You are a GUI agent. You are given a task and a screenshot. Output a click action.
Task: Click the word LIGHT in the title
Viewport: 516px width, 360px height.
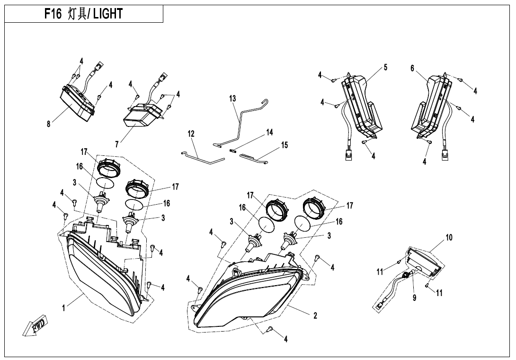click(107, 14)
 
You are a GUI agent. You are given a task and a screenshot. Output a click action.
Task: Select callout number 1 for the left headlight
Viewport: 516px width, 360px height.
click(63, 308)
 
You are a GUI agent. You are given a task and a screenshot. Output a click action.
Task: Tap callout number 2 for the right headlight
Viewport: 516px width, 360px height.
click(315, 316)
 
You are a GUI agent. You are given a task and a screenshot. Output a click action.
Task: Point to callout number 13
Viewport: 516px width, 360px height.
click(232, 99)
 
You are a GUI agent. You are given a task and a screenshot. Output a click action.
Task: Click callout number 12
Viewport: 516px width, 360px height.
click(191, 134)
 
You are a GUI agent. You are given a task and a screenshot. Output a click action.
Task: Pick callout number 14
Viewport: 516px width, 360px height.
click(269, 132)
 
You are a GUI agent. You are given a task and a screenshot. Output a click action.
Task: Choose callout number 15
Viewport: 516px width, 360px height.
click(285, 145)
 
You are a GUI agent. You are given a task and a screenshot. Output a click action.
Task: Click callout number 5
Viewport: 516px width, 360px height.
click(385, 67)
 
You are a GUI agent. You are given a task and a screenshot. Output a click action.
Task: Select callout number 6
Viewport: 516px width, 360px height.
click(412, 68)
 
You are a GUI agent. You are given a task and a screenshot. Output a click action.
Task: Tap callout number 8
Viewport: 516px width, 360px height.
click(48, 124)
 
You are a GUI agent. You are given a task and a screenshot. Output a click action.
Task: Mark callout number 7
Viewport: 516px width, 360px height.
click(117, 144)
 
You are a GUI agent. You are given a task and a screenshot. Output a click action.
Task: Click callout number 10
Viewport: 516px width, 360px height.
click(449, 237)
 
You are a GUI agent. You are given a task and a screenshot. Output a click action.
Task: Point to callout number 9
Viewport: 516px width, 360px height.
click(415, 298)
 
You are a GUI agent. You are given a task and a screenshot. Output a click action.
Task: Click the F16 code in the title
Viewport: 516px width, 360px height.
click(53, 14)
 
